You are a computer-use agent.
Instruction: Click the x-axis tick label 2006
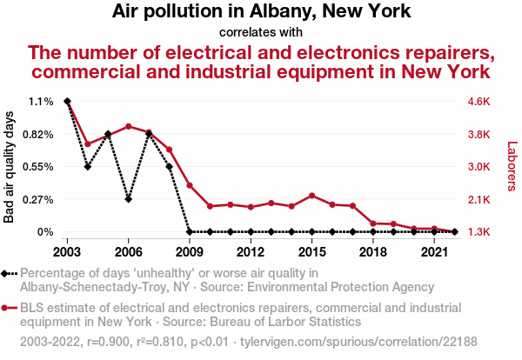[128, 252]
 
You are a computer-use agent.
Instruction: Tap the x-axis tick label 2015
[311, 252]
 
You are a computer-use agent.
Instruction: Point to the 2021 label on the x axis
[434, 252]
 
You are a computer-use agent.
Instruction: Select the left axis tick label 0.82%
[39, 135]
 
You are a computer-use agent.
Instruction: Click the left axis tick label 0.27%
[39, 199]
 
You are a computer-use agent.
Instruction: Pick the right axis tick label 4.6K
[481, 102]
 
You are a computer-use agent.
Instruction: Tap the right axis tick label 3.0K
[481, 167]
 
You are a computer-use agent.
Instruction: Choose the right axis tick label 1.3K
[481, 232]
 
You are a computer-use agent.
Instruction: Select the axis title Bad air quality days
[10, 167]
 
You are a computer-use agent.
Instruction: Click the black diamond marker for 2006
[128, 199]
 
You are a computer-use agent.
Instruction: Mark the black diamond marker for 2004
[87, 166]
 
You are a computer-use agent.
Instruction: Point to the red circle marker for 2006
[128, 126]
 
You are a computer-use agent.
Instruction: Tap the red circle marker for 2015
[311, 196]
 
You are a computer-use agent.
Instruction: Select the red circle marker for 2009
[190, 185]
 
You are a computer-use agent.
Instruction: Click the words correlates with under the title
[261, 32]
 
